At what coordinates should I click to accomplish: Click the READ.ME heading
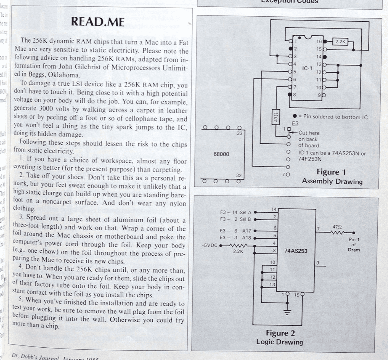[x=98, y=22]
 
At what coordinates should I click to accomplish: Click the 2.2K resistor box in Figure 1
[x=340, y=41]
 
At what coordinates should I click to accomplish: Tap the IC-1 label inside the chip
[x=307, y=68]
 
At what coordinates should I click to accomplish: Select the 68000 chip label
[x=221, y=154]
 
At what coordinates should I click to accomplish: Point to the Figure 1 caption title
[x=331, y=172]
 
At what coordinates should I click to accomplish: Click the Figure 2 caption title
[x=280, y=333]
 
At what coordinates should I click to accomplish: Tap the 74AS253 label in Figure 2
[x=296, y=251]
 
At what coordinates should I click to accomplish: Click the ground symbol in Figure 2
[x=287, y=312]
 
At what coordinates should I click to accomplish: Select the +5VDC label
[x=209, y=245]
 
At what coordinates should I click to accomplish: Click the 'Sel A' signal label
[x=245, y=212]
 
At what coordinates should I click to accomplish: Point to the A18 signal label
[x=246, y=238]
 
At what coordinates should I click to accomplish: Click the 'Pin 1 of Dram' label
[x=354, y=244]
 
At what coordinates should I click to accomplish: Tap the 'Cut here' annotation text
[x=309, y=133]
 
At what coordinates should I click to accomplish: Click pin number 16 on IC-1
[x=319, y=41]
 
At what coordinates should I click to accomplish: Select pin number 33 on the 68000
[x=239, y=133]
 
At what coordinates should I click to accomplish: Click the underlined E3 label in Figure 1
[x=295, y=123]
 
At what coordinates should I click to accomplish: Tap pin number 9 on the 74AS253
[x=318, y=263]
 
